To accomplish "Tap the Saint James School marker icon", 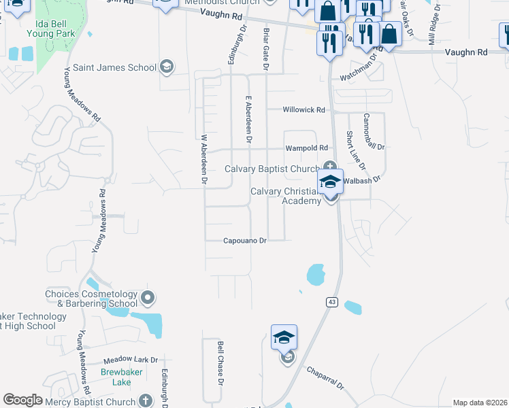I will click(166, 67).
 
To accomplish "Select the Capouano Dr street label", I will click(245, 241).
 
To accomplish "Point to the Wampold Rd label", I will click(306, 148).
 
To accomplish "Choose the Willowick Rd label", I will click(304, 109).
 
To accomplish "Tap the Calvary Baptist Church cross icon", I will click(330, 165).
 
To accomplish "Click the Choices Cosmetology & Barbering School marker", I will click(148, 298).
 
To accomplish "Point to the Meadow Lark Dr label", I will click(131, 360).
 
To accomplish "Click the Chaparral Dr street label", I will click(325, 377).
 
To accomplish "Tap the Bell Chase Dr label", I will click(220, 364).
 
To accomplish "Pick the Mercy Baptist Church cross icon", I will click(144, 401).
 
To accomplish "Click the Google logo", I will click(22, 400).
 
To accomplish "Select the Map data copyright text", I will click(480, 403).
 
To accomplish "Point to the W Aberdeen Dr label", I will click(203, 158).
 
